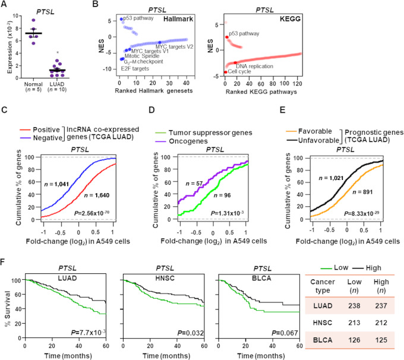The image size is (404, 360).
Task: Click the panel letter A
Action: [5, 5]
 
